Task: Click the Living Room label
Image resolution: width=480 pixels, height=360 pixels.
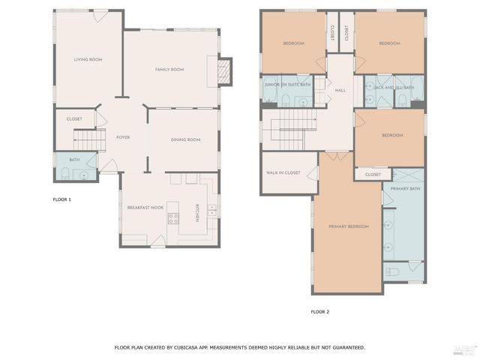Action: click(x=88, y=59)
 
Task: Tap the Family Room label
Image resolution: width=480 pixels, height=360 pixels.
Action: click(x=169, y=70)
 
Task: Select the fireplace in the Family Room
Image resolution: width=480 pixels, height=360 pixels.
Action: click(x=222, y=70)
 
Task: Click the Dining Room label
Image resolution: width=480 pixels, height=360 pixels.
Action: click(x=185, y=139)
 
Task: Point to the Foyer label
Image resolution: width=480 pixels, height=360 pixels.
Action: click(x=123, y=137)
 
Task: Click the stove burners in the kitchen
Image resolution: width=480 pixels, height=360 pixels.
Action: click(x=173, y=219)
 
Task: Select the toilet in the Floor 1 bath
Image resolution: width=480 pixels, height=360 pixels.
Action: click(x=66, y=174)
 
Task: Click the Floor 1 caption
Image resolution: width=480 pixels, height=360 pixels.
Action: click(x=61, y=199)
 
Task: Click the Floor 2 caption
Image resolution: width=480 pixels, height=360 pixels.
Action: click(x=319, y=311)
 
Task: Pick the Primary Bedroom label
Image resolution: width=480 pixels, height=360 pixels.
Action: click(x=348, y=226)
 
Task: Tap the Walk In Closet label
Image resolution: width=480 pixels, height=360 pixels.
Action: click(x=283, y=172)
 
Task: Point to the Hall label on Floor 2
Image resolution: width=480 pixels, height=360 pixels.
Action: click(x=340, y=90)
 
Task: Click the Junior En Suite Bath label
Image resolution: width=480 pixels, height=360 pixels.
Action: click(x=287, y=85)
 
